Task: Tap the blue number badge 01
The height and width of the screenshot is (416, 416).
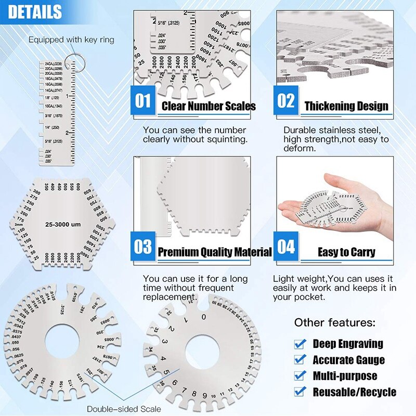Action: [143, 100]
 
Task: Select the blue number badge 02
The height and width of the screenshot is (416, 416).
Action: [285, 100]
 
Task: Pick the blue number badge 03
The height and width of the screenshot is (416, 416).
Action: [143, 246]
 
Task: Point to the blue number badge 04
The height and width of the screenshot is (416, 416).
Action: [285, 246]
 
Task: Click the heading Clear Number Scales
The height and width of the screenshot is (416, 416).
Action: [209, 107]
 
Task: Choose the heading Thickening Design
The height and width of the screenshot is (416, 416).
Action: [346, 107]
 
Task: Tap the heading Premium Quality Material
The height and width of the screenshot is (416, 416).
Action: [214, 253]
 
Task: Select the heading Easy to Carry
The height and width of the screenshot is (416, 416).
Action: [346, 253]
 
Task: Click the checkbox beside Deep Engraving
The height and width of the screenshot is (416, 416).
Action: [300, 344]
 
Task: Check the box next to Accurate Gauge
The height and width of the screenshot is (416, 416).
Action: [300, 359]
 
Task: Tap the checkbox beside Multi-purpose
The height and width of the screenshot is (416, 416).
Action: [300, 375]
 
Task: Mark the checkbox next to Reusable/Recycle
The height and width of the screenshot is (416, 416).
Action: [300, 392]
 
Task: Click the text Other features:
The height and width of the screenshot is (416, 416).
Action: [334, 322]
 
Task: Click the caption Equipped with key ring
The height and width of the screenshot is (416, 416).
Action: [71, 40]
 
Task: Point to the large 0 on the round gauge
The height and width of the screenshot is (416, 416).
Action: [204, 317]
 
